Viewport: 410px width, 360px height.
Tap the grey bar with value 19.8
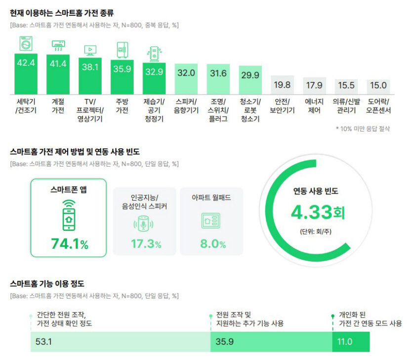[x=282, y=85]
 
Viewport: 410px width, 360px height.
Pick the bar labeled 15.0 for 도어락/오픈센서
[x=378, y=86]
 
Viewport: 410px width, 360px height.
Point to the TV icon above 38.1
[x=90, y=49]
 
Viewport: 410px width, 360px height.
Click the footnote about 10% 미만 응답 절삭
[x=363, y=129]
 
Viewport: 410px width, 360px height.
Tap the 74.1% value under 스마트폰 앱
[x=69, y=244]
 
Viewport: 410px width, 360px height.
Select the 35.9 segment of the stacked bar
[x=271, y=342]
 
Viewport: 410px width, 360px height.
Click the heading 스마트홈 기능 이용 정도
[x=47, y=284]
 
